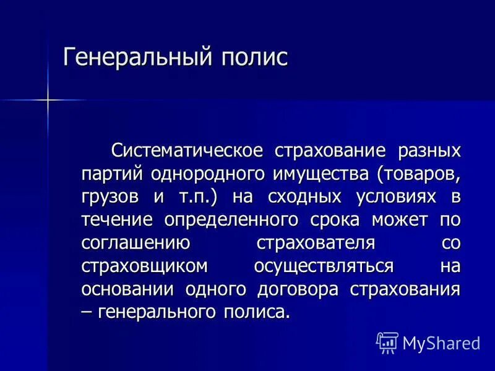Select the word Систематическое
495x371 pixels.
187,150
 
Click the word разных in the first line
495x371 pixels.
429,150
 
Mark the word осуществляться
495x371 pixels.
324,266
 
